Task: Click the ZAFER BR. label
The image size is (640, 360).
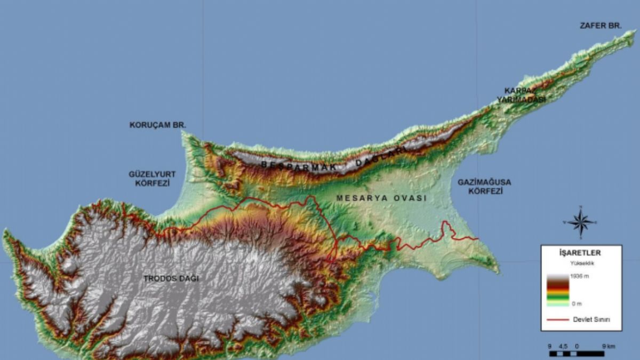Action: (601, 25)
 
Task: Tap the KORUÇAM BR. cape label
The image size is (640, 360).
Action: (157, 125)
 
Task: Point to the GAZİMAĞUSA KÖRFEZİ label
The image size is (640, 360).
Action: (484, 186)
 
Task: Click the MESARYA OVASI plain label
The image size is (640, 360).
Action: (382, 198)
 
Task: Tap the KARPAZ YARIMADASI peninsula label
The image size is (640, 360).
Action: (521, 95)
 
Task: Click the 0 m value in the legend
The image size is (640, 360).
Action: (576, 303)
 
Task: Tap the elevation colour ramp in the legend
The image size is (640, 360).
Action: (558, 290)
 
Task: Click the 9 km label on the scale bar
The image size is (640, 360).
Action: (608, 346)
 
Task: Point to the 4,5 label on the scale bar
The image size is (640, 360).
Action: (562, 346)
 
